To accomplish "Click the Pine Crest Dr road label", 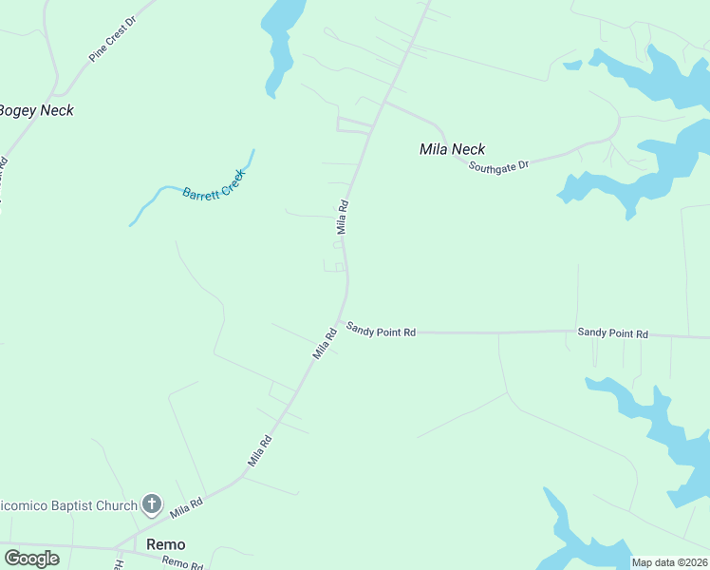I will point(113,39).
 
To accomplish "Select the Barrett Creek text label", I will point(214,184).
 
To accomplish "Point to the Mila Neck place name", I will point(452,149).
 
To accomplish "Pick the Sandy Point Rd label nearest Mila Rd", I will point(381,330).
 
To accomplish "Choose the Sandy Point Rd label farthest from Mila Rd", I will point(612,333).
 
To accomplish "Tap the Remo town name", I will point(165,544).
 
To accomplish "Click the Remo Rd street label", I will point(181,563).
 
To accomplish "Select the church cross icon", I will point(151,504).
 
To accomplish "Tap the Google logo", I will point(31,559).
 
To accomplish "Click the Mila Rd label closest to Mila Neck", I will point(344,216).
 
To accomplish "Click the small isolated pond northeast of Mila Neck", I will point(572,66).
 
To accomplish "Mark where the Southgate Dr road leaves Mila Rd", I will point(384,102).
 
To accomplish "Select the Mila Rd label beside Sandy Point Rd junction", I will point(326,343).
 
